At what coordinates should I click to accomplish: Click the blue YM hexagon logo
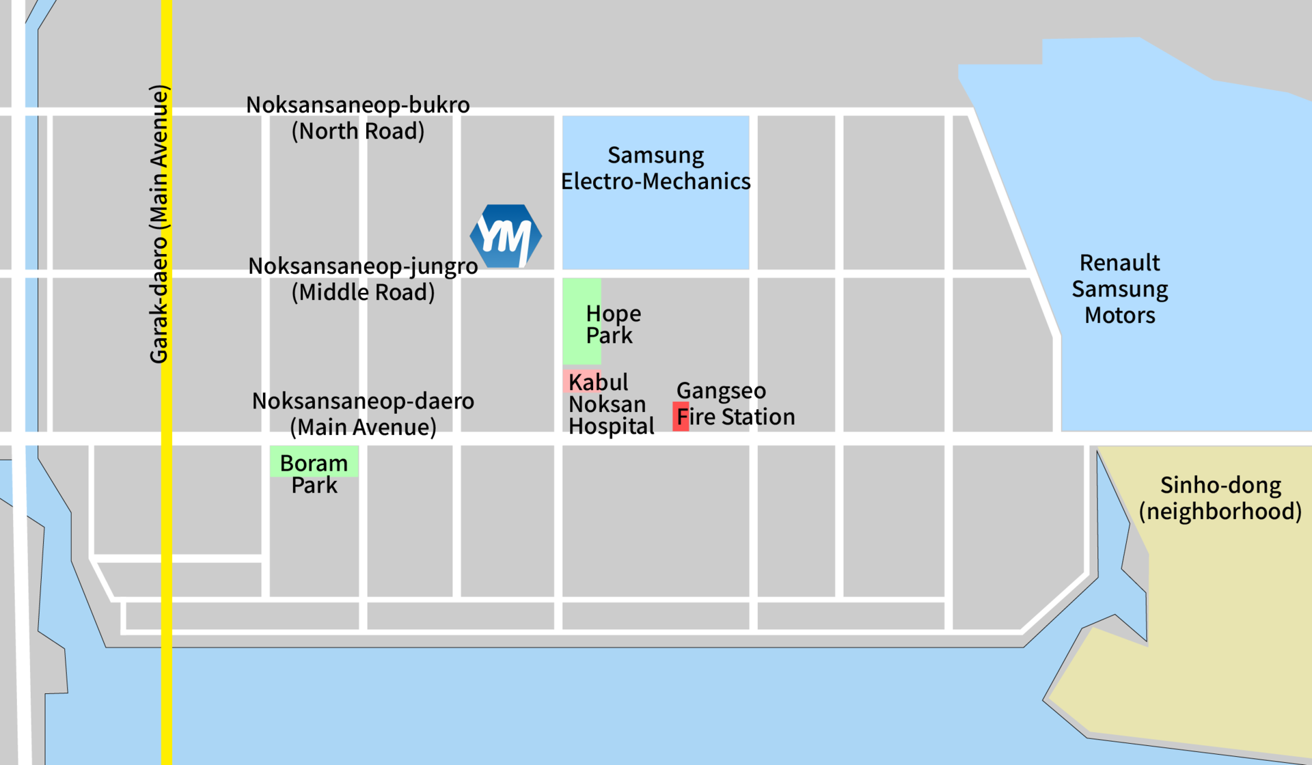click(506, 236)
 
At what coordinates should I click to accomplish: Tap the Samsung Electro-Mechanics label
click(656, 168)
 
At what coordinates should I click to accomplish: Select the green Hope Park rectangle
click(582, 321)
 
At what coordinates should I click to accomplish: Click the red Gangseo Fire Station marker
click(681, 416)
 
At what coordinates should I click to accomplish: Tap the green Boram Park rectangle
click(314, 461)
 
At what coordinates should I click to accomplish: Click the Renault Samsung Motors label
click(1120, 289)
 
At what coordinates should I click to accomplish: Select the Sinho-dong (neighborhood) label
click(1220, 498)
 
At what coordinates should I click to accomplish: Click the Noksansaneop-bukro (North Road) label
click(358, 117)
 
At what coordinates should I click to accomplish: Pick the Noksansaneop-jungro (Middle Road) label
click(363, 279)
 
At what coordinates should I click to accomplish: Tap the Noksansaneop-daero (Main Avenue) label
click(363, 414)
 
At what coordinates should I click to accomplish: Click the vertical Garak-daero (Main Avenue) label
click(159, 224)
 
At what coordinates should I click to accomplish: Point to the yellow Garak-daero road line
click(166, 382)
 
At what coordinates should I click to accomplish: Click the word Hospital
click(612, 426)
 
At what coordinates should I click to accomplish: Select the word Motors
click(1120, 315)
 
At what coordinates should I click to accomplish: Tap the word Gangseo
click(721, 391)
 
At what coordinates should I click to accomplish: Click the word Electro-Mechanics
click(656, 181)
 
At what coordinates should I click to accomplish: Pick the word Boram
click(314, 463)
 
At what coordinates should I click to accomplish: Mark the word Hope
click(614, 314)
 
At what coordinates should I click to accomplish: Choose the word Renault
click(1120, 262)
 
